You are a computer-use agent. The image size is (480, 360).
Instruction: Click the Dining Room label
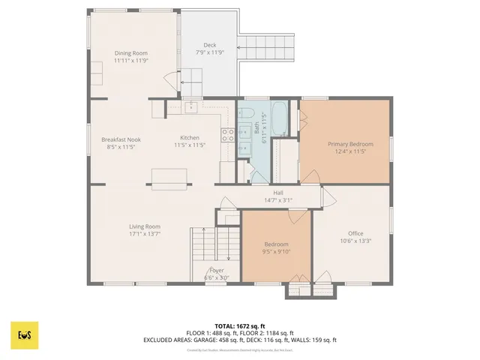pyautogui.click(x=130, y=53)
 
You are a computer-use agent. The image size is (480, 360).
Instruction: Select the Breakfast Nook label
pyautogui.click(x=121, y=139)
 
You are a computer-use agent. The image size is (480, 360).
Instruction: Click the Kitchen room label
pyautogui.click(x=189, y=138)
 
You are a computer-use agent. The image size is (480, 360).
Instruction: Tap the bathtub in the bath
pyautogui.click(x=282, y=118)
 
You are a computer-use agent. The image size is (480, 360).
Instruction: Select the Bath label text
pyautogui.click(x=256, y=133)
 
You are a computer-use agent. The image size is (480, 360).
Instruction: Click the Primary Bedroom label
pyautogui.click(x=350, y=143)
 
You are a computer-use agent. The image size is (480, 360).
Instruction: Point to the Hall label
pyautogui.click(x=277, y=193)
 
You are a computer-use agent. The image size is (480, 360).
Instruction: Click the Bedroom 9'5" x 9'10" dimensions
pyautogui.click(x=277, y=252)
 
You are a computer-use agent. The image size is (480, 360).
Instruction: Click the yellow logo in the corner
pyautogui.click(x=24, y=334)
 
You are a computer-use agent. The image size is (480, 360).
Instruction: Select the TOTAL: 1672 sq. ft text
pyautogui.click(x=240, y=326)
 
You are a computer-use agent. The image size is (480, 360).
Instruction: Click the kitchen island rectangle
pyautogui.click(x=169, y=177)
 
